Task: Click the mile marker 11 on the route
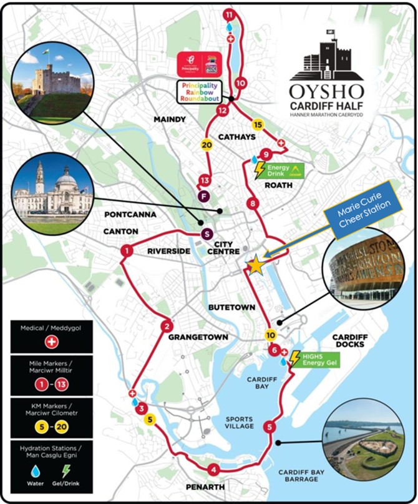coord(230,13)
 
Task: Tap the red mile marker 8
coord(253,203)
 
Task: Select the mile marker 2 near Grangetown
coord(167,325)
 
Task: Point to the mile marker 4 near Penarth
coord(214,470)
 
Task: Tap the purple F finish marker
coord(202,197)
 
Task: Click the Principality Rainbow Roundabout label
coord(198,91)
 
